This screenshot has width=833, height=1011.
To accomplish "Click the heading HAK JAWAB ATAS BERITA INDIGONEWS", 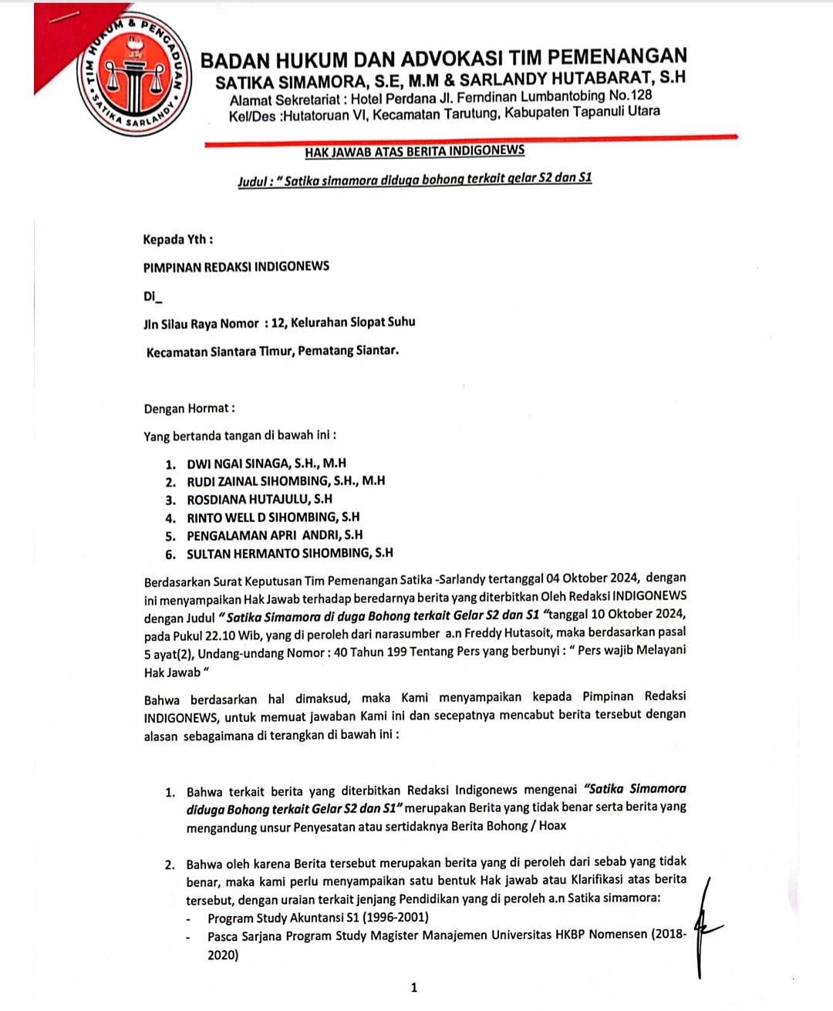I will coord(414,151).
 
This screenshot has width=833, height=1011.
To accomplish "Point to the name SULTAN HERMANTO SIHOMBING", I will coord(289,553).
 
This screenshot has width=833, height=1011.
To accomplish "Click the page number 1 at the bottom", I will coord(414,987).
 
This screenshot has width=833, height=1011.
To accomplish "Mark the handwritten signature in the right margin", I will coord(703,925).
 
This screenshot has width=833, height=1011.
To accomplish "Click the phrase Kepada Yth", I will coord(177,239).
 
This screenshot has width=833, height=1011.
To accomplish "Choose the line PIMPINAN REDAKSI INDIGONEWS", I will coord(236,267).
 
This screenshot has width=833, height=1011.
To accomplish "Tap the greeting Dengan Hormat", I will coord(189,409).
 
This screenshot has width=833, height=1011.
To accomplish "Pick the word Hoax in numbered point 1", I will coord(552,825).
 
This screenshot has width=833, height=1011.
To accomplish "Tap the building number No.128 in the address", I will coord(630,96).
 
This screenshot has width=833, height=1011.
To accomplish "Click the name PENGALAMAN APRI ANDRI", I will coord(274,535).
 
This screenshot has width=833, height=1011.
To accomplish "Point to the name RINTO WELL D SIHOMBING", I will coord(273,517).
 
